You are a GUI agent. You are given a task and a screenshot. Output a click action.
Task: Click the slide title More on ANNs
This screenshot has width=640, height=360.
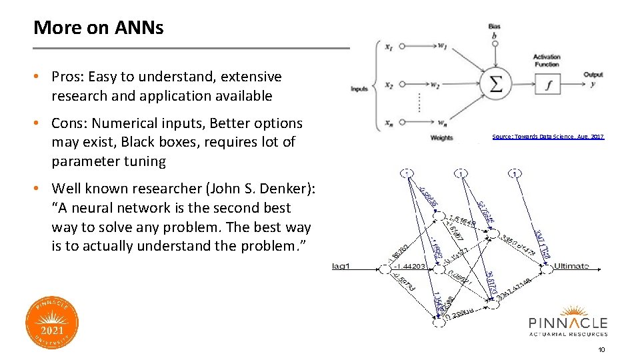pos(98,28)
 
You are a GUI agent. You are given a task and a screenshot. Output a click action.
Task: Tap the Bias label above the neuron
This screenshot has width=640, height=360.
pos(494,27)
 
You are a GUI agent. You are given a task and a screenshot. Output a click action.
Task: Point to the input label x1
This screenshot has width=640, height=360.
pos(389,47)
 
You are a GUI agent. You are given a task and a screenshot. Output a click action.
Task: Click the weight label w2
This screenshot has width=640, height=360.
pos(435,85)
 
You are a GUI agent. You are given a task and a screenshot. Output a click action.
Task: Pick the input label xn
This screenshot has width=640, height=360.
pos(389,122)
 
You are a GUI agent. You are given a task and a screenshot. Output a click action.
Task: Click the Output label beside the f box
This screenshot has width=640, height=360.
pos(593,75)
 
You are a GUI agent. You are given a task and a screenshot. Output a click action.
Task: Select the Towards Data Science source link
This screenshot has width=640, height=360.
pos(547,137)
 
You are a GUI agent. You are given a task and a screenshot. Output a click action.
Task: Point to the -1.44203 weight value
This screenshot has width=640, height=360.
pos(409,267)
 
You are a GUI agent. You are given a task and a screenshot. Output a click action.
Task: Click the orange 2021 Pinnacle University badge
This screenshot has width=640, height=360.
pos(53,323)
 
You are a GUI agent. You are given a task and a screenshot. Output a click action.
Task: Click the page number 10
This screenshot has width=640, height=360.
pos(601,349)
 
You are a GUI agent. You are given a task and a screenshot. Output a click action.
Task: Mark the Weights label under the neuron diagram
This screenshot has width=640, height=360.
pos(442,137)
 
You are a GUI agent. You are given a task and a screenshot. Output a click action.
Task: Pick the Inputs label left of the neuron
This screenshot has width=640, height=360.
pos(359,89)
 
